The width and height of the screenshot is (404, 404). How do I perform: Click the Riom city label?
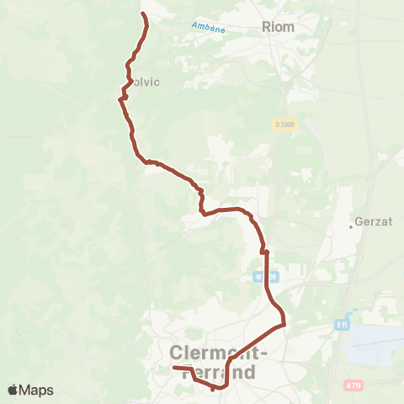coord(279,27)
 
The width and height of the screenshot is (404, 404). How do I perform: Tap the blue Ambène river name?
coord(209,27)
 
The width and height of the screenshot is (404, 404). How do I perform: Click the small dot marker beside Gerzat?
coord(352,226)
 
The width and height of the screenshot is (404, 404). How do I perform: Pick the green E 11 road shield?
coord(341,323)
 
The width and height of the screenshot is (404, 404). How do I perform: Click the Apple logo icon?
coord(13,390)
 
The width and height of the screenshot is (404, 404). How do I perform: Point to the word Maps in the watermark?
coord(37,390)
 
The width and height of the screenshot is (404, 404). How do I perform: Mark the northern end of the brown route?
coord(142,14)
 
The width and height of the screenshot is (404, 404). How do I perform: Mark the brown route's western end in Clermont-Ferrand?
coord(174,368)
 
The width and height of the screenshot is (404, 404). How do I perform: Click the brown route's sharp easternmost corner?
coord(285,323)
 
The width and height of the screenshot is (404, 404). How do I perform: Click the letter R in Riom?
coord(268,27)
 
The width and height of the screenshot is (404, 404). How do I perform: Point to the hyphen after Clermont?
coord(265,354)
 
